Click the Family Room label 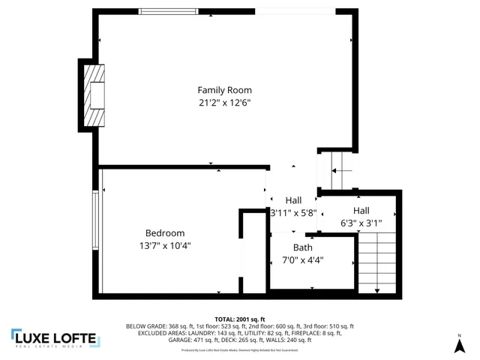[x=224, y=90]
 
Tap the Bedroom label [x=164, y=233]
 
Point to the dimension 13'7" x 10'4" [x=164, y=245]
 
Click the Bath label [x=303, y=247]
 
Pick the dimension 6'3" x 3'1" [x=361, y=223]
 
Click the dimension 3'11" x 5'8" [x=293, y=213]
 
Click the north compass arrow [x=459, y=346]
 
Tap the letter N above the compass [x=459, y=334]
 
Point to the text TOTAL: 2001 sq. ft [x=240, y=319]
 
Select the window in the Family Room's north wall [x=169, y=11]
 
